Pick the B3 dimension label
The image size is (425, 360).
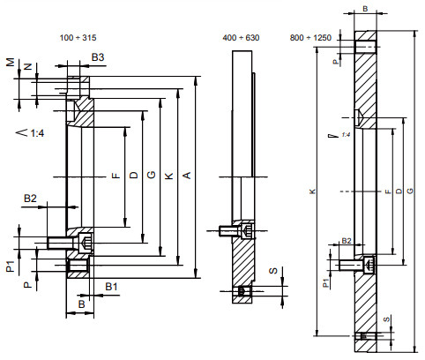[99, 57]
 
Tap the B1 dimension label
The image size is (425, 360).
[112, 287]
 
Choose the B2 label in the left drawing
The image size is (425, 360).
[30, 198]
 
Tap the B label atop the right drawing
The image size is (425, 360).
[366, 9]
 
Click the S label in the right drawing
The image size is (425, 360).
[385, 319]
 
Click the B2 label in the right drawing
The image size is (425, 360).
[347, 240]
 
